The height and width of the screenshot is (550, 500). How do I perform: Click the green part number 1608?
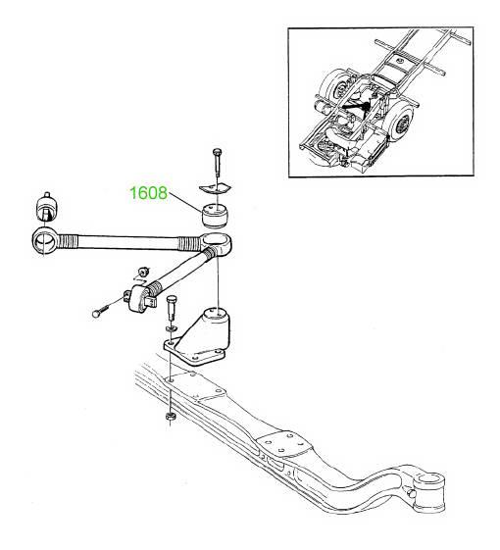(148, 193)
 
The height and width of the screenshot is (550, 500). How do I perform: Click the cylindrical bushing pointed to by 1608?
(215, 216)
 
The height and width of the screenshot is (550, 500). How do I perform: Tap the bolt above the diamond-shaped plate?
(217, 163)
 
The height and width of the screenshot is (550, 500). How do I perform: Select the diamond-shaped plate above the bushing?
(216, 188)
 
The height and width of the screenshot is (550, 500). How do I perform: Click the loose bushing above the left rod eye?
(46, 206)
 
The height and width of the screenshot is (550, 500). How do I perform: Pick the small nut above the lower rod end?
(143, 273)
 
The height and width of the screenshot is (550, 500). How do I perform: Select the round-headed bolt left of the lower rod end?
(100, 311)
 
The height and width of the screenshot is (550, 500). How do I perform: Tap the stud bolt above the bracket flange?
(172, 308)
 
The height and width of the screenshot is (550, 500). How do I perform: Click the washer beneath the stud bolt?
(172, 329)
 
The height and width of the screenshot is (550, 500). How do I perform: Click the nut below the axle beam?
(171, 417)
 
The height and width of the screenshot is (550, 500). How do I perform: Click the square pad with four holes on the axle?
(284, 444)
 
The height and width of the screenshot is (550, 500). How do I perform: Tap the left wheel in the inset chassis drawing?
(333, 89)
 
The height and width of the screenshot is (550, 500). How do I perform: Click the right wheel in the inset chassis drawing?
(400, 123)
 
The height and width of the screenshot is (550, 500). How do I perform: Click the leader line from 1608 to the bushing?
(185, 201)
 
